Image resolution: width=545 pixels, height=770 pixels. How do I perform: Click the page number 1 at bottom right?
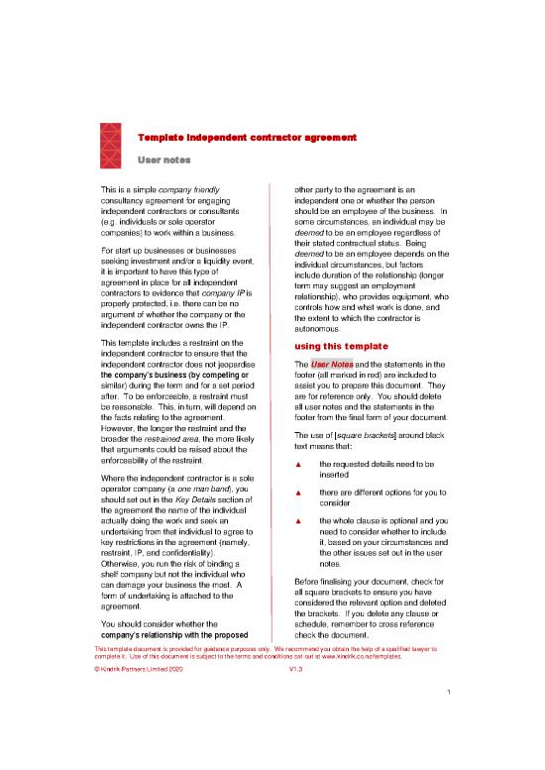click(449, 719)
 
